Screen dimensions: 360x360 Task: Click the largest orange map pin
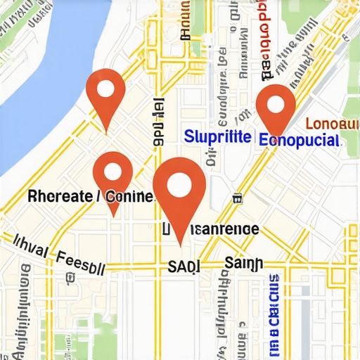pos(179,190)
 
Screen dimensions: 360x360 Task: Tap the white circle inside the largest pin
pos(179,184)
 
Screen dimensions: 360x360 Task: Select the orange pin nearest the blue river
pos(105,95)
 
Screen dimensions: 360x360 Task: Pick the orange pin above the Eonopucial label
pos(276,108)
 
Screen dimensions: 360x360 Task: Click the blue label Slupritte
pos(216,137)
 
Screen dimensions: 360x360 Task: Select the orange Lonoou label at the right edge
pos(335,124)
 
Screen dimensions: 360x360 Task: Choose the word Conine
pos(130,196)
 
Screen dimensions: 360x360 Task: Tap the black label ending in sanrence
pos(211,229)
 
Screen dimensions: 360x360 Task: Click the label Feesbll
pos(81,262)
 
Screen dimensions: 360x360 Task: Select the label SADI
pos(184,266)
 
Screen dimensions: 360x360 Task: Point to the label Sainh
pos(243,264)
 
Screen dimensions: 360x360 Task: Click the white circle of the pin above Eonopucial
pos(276,104)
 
